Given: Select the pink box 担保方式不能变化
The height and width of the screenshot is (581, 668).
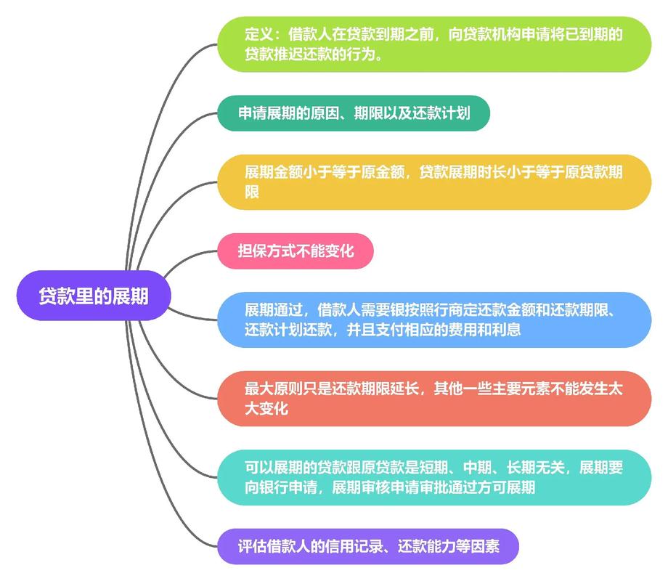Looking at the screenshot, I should [296, 251].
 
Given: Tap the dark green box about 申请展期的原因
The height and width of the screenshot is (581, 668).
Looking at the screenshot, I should [354, 113].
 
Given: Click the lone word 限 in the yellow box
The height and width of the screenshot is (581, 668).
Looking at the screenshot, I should [252, 192].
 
